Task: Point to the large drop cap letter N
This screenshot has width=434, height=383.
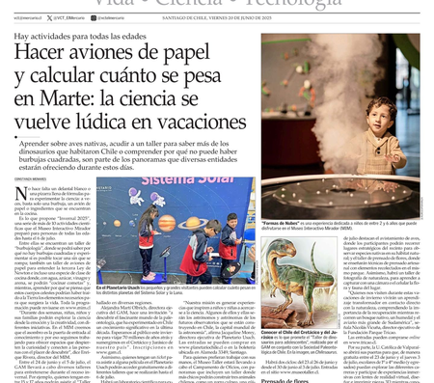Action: click(20, 194)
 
